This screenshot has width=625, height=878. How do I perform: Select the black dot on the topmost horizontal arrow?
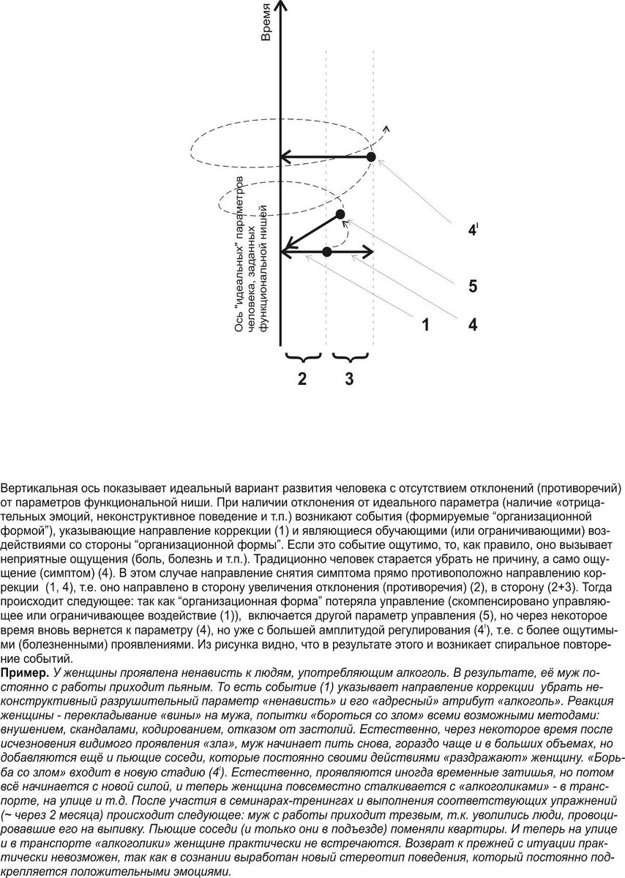pyautogui.click(x=371, y=157)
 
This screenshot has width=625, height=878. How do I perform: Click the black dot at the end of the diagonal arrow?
pyautogui.click(x=340, y=214)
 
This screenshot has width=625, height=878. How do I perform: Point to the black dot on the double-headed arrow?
pyautogui.click(x=327, y=252)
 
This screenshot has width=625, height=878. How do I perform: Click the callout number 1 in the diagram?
pyautogui.click(x=425, y=324)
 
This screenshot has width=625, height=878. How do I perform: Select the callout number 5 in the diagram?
pyautogui.click(x=474, y=286)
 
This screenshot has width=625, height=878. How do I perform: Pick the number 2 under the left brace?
pyautogui.click(x=301, y=379)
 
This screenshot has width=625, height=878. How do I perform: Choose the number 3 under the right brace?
pyautogui.click(x=349, y=379)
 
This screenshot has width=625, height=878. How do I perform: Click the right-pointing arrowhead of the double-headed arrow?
pyautogui.click(x=369, y=252)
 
